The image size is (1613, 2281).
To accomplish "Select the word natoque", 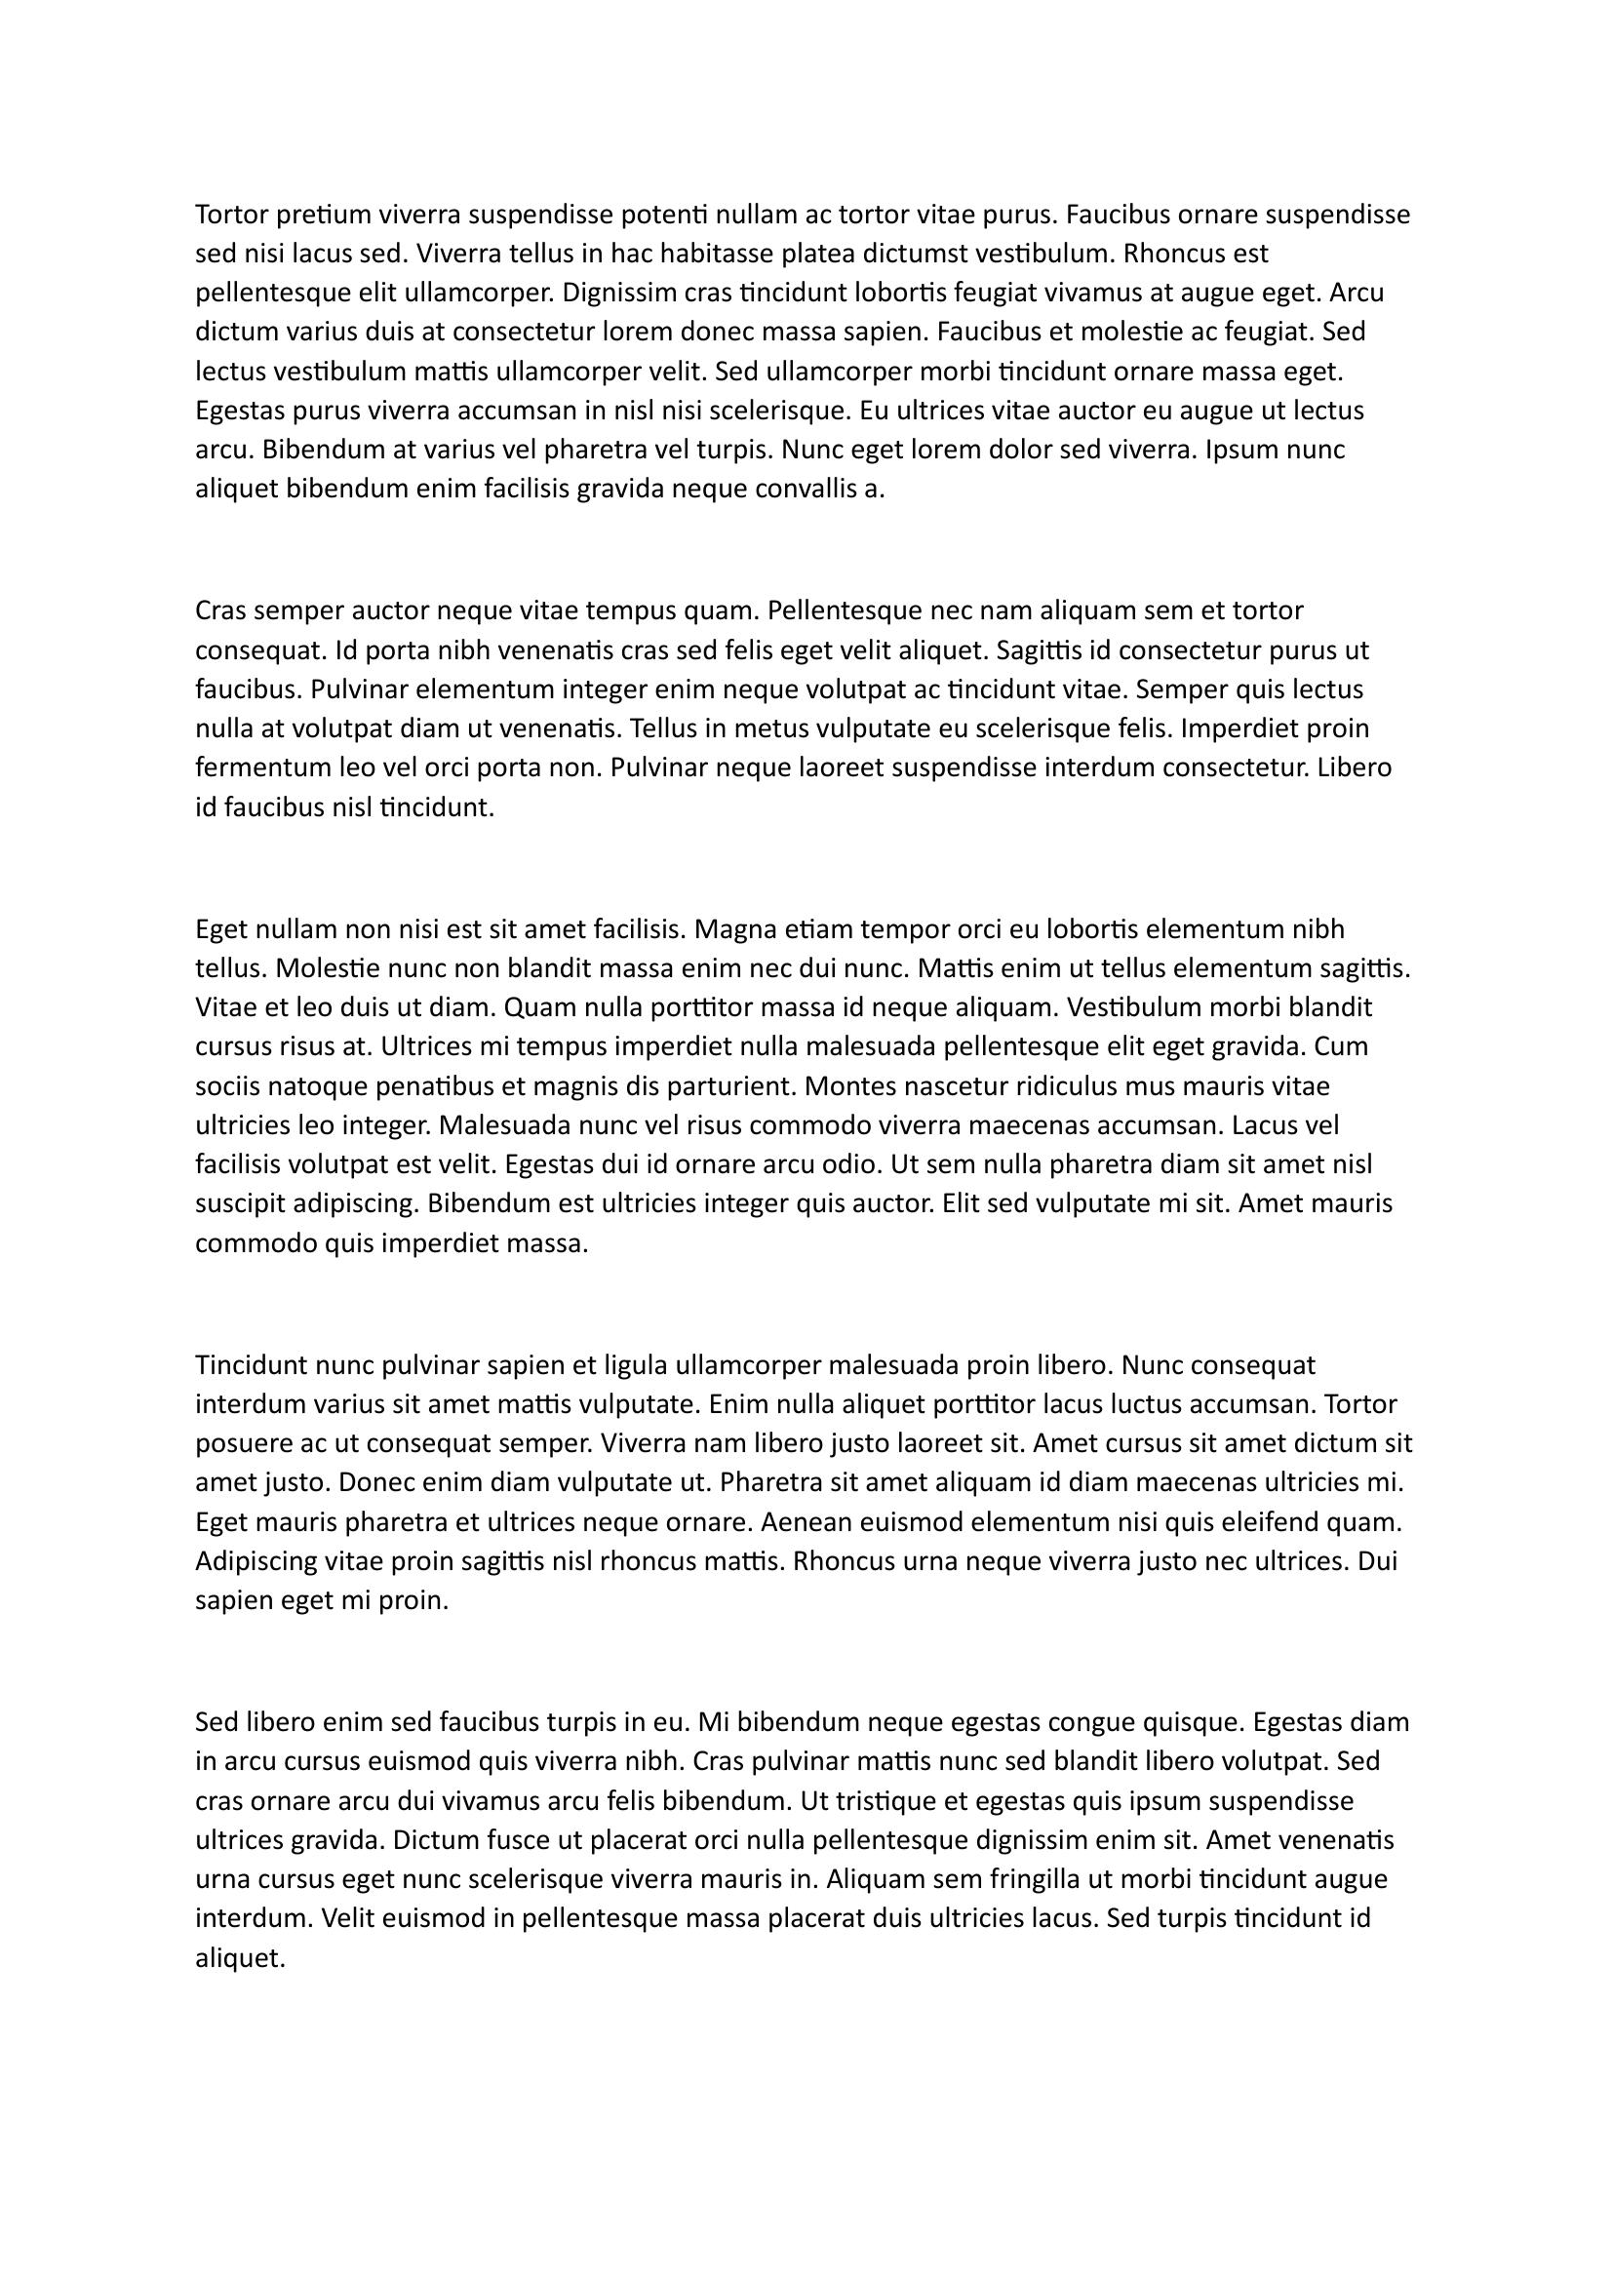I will click(318, 1085).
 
